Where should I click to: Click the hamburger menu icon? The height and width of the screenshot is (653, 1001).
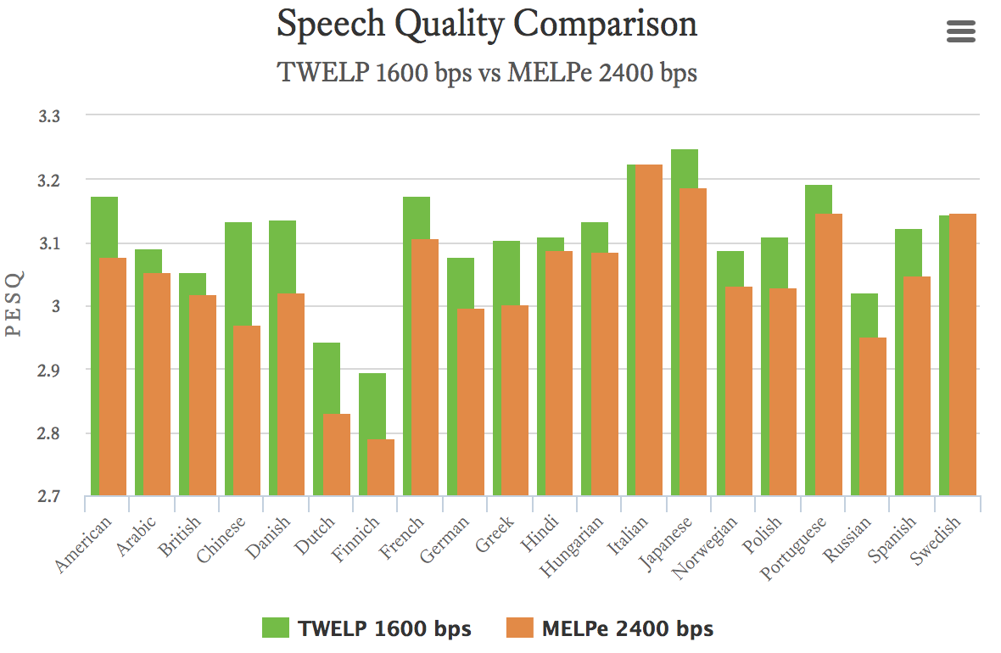point(960,32)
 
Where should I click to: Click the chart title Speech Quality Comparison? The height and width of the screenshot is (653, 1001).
point(487,25)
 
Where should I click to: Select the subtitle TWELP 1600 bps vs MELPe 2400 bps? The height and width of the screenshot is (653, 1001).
point(487,73)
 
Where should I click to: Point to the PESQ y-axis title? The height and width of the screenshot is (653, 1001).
point(14,304)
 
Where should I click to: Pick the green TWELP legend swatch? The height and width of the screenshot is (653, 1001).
point(276,628)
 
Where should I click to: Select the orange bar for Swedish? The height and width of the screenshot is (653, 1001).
point(962,354)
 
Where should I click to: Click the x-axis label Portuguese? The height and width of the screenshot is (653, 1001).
point(793,547)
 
